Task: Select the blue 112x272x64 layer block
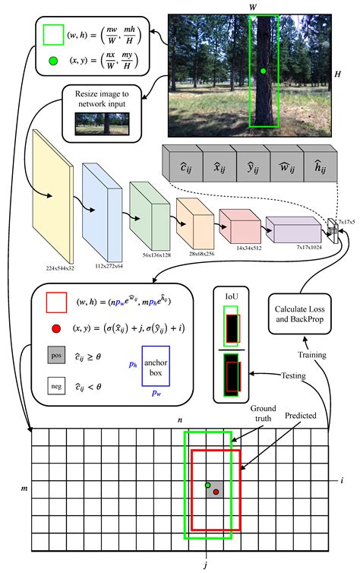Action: click(99, 201)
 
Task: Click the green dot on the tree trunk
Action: click(263, 71)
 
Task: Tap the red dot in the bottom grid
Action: click(216, 492)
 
